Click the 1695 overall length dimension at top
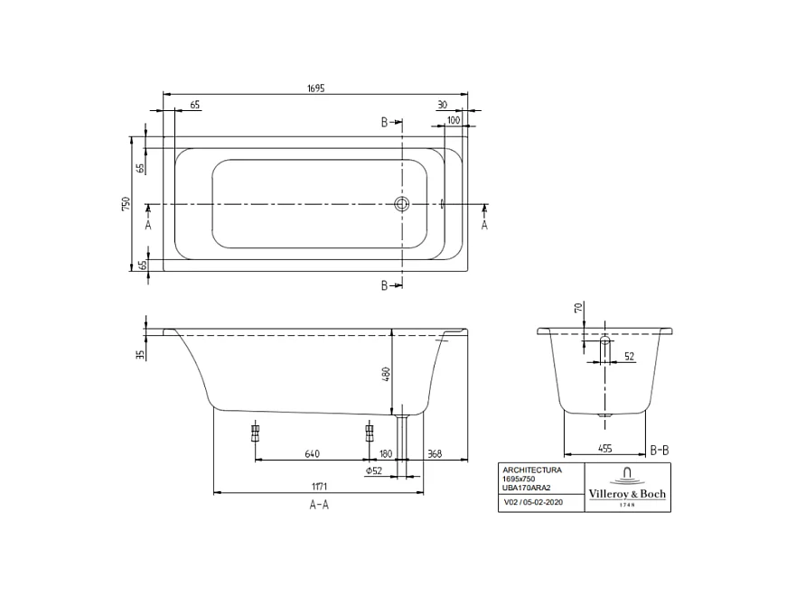pos(314,88)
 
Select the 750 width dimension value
pos(126,204)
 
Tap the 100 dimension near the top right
pos(453,119)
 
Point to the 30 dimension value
pos(442,105)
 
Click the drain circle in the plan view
pos(401,205)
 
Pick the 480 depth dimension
pos(386,373)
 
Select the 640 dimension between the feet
pos(313,453)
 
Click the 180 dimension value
pos(386,453)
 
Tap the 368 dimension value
pos(435,453)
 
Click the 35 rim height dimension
pos(141,354)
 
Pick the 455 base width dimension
pos(604,448)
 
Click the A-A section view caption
pos(318,506)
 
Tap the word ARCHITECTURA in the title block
pos(532,470)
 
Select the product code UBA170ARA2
pos(528,488)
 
